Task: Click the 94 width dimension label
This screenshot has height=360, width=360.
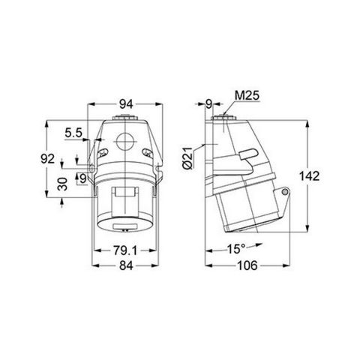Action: tap(124, 105)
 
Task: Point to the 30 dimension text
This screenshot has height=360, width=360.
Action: tap(63, 183)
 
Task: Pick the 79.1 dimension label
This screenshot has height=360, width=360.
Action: tap(124, 250)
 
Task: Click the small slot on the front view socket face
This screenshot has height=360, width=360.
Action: tap(124, 228)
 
